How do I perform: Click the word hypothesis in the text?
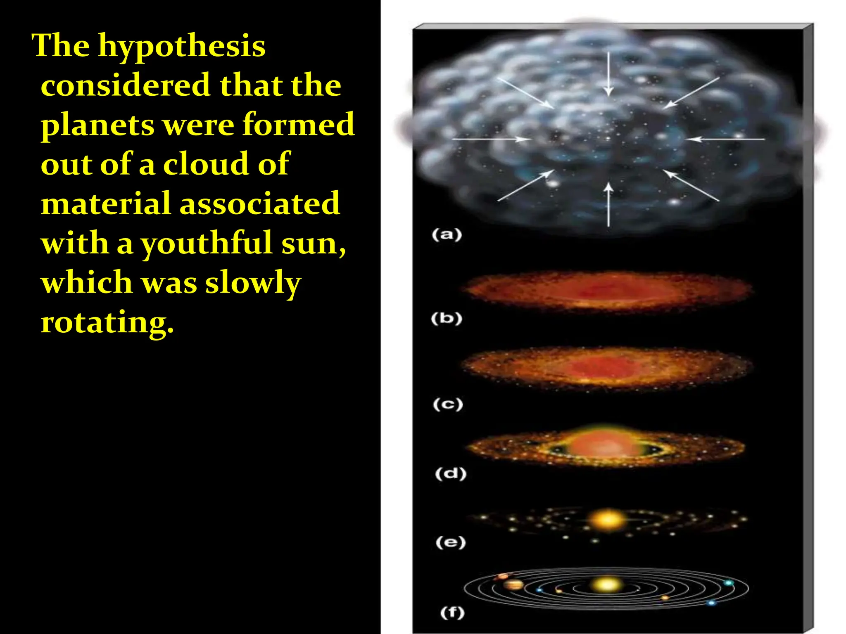(x=182, y=46)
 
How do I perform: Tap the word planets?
(x=97, y=125)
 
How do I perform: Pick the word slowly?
(x=253, y=283)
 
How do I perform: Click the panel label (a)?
(x=447, y=235)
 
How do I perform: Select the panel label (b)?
(x=446, y=319)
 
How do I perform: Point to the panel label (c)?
(x=448, y=404)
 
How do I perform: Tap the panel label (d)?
(x=450, y=473)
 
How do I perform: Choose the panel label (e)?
(x=450, y=542)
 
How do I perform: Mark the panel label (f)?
(x=452, y=612)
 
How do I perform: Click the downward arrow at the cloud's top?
(x=608, y=74)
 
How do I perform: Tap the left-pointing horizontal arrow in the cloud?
(x=725, y=139)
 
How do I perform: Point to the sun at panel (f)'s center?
(x=606, y=584)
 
